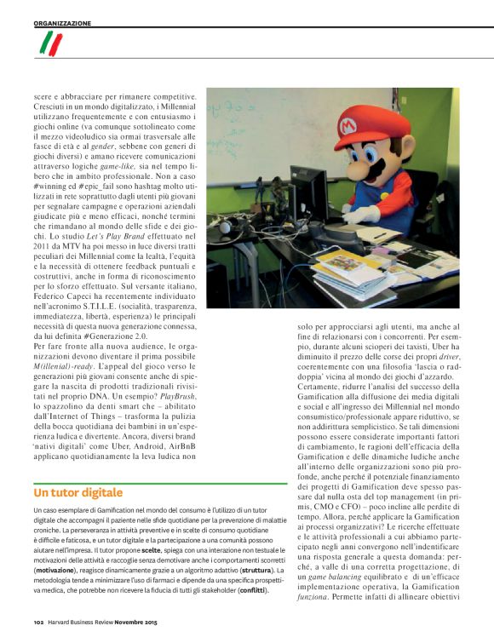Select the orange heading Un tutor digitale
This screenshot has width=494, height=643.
78,492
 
